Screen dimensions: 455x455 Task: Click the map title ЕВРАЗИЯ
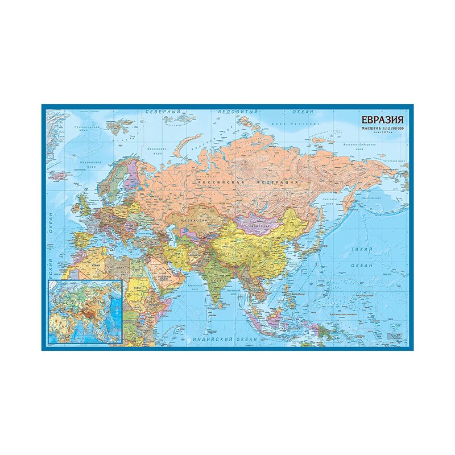tap(382, 120)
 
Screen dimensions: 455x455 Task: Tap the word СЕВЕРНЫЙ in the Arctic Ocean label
tap(162, 112)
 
